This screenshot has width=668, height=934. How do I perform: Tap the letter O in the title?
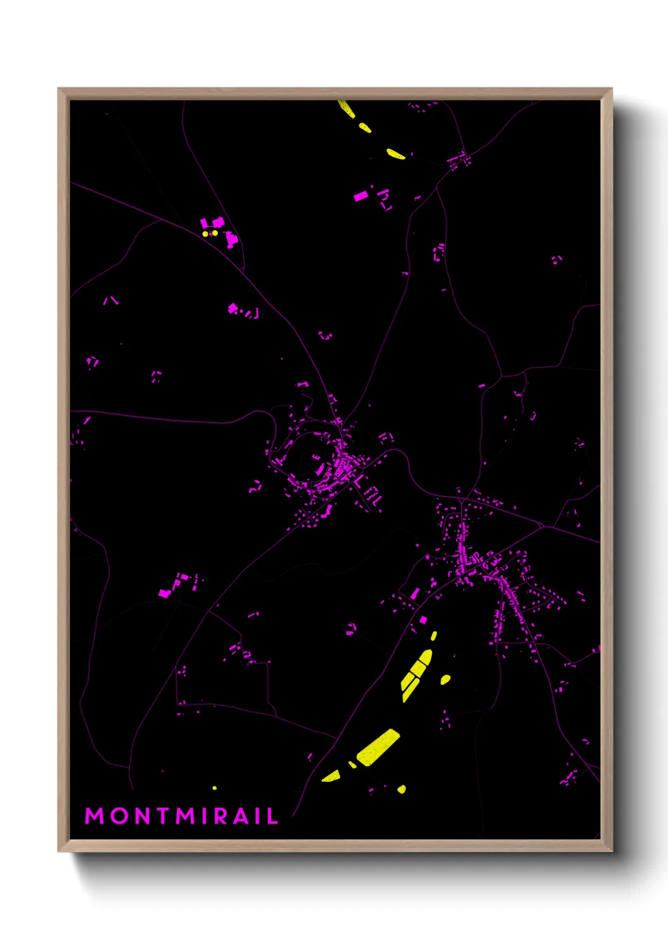pyautogui.click(x=119, y=815)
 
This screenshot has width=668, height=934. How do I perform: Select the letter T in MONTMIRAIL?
pyautogui.click(x=163, y=815)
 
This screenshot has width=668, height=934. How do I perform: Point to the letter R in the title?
pyautogui.click(x=220, y=815)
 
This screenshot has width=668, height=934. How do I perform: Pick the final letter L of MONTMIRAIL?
pyautogui.click(x=273, y=815)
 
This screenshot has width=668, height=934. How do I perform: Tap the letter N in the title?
pyautogui.click(x=142, y=815)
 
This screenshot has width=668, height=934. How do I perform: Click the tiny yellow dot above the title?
pyautogui.click(x=215, y=788)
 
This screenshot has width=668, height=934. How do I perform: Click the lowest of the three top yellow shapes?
pyautogui.click(x=395, y=153)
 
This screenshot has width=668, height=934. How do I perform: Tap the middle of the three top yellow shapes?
pyautogui.click(x=365, y=127)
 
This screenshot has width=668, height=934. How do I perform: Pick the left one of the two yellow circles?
pyautogui.click(x=205, y=233)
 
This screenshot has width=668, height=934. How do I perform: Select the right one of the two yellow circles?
pyautogui.click(x=215, y=233)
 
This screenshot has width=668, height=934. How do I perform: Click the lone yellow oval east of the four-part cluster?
pyautogui.click(x=445, y=679)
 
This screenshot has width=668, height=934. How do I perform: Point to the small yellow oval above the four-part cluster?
pyautogui.click(x=434, y=635)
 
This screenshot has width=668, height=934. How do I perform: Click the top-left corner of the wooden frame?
pyautogui.click(x=59, y=89)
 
